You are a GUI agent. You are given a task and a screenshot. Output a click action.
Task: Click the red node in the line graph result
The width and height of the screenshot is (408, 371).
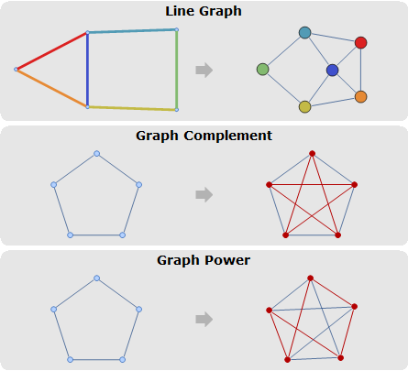pos(361,43)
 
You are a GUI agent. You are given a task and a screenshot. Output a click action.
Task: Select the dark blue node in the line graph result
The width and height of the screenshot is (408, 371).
pos(332,70)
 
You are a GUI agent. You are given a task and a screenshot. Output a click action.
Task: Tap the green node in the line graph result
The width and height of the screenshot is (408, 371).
pos(262,70)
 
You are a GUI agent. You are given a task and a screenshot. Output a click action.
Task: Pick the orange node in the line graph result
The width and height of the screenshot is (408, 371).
pos(361,97)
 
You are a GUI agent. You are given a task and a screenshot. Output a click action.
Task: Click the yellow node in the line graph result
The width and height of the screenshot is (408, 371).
pos(304,107)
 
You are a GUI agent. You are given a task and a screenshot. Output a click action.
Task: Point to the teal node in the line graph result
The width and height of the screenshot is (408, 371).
pos(304,33)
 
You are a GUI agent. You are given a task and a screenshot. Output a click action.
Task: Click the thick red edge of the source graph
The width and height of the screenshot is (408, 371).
pos(51,50)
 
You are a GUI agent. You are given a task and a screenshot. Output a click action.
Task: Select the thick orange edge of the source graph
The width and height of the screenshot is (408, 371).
pos(51,88)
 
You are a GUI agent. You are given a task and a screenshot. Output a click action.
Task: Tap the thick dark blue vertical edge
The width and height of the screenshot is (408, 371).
pos(87,70)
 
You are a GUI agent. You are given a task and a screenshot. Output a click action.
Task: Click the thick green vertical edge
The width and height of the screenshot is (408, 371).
pos(177,70)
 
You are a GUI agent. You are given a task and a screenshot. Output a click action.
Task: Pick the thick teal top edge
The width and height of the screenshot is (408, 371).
pos(132,31)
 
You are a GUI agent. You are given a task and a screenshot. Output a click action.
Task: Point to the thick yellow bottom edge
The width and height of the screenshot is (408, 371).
pos(132,108)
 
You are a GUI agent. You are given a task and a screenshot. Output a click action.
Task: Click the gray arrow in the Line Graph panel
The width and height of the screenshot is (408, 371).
pos(204,70)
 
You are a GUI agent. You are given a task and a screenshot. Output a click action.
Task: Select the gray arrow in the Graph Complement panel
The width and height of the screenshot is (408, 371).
pos(204,194)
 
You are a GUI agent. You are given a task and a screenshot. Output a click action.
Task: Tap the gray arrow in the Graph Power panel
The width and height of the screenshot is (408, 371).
pos(204,320)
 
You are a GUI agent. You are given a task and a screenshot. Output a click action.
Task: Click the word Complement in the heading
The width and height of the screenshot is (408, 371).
pos(227,136)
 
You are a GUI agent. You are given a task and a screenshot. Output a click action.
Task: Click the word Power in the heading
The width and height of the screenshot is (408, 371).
pos(227,260)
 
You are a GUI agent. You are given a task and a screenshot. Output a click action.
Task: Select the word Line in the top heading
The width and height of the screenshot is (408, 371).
pos(179,11)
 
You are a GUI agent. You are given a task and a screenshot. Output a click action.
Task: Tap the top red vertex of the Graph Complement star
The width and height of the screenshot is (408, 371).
pos(312,153)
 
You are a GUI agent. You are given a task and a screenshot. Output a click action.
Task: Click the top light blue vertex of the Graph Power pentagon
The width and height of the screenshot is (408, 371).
pos(96,278)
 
